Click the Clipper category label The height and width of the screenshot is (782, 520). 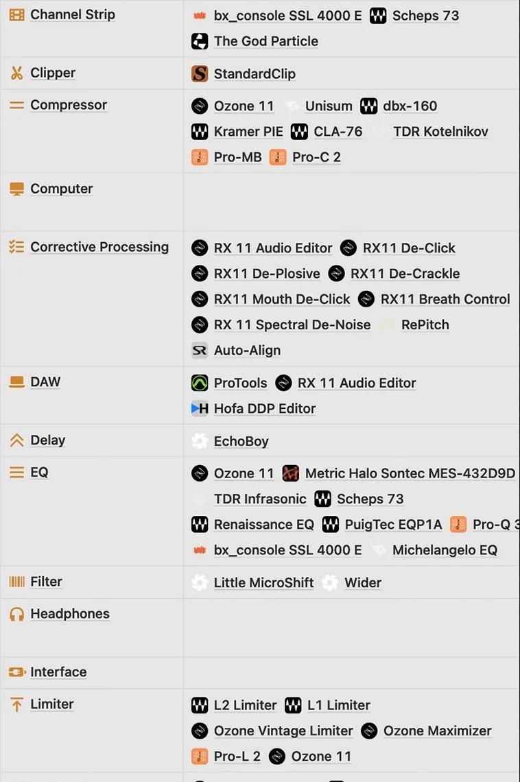(53, 73)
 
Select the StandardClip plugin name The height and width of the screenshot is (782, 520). (255, 74)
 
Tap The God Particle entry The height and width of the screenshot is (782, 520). (265, 41)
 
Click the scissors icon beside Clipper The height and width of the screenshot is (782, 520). (16, 73)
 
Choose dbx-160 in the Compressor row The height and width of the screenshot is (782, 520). (410, 106)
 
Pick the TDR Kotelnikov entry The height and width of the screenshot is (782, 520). (440, 132)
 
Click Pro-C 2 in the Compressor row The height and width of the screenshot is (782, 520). (316, 157)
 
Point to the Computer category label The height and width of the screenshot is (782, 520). (61, 189)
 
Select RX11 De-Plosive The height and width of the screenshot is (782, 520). (267, 274)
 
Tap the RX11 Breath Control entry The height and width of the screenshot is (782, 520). (445, 299)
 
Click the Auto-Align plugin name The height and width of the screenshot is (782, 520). (247, 351)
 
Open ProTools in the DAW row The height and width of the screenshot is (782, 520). (240, 383)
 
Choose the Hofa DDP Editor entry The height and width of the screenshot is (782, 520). (264, 409)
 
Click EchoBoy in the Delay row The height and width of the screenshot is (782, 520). (241, 441)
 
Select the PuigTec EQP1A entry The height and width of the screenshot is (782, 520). (393, 525)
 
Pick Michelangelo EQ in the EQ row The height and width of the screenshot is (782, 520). (445, 550)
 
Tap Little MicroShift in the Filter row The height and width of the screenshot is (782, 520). (263, 583)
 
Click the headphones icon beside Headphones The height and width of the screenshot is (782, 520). (16, 614)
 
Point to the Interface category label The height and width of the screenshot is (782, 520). (58, 672)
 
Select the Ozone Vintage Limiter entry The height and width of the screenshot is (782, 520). (283, 731)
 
